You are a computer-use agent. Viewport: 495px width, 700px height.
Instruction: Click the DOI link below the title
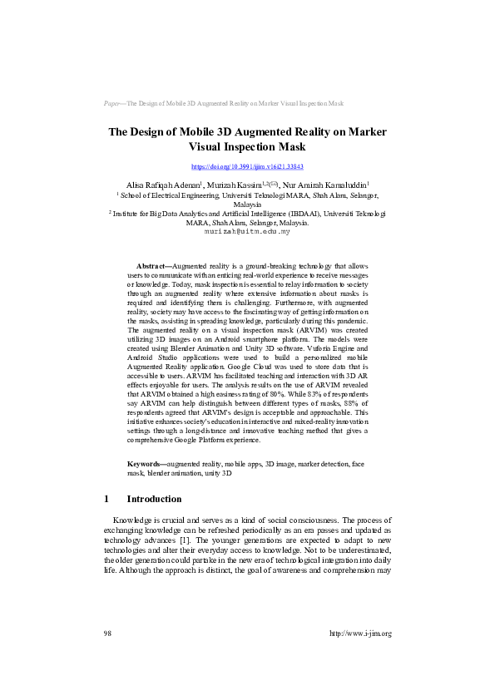tap(247, 167)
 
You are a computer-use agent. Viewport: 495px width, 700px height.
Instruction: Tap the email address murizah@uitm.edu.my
tap(247, 232)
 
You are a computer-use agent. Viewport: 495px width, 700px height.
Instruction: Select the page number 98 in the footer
tap(107, 633)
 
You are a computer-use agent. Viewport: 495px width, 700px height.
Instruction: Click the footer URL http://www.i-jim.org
tap(360, 633)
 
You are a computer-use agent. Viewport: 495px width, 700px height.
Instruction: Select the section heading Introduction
tap(154, 499)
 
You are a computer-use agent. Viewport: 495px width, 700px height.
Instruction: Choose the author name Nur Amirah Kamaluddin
tap(326, 185)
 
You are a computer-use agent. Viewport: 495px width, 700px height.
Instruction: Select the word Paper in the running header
tap(112, 104)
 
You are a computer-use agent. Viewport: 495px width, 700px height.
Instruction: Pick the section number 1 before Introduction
tap(106, 499)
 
